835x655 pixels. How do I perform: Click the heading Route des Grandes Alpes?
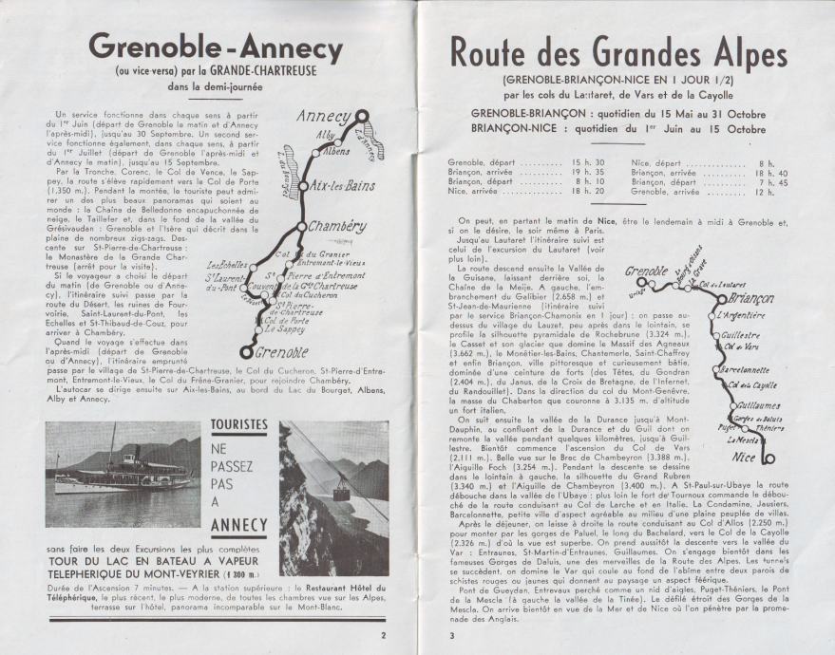(x=617, y=52)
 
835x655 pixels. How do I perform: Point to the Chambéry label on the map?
(x=336, y=227)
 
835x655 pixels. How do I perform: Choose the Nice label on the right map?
(x=746, y=458)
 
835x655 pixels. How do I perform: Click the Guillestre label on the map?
(x=741, y=335)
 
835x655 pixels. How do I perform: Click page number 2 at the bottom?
(x=383, y=635)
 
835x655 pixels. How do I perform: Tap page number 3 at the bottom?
(x=453, y=635)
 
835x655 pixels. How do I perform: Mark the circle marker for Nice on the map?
(x=769, y=459)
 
